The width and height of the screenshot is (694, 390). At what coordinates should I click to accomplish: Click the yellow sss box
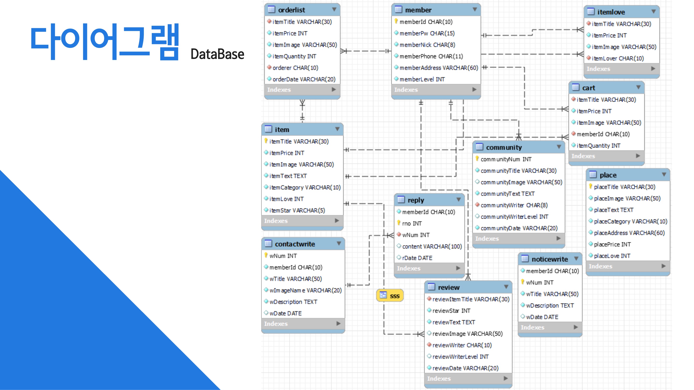click(x=390, y=296)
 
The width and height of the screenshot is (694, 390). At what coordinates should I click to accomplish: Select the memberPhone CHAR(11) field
click(x=431, y=56)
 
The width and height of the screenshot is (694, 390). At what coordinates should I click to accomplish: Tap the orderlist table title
click(x=291, y=10)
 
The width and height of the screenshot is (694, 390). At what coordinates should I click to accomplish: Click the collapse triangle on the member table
click(x=475, y=10)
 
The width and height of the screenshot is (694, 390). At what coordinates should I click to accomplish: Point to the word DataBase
click(x=217, y=54)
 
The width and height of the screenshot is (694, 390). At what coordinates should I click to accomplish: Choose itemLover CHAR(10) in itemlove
click(x=617, y=58)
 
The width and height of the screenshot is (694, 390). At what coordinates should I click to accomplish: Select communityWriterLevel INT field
click(x=514, y=217)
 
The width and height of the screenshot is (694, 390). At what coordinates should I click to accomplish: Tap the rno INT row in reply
click(x=412, y=223)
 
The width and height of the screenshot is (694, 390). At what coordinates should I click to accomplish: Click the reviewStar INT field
click(x=451, y=311)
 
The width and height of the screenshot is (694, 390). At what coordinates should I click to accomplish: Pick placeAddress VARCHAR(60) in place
click(x=629, y=233)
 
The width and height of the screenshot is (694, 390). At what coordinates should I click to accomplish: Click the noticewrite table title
click(x=550, y=259)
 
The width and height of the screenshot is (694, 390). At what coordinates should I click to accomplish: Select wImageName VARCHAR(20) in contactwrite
click(x=305, y=290)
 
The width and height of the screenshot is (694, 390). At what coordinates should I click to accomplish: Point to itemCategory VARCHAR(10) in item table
click(x=305, y=187)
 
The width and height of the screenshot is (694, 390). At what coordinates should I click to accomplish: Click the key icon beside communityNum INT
click(x=477, y=159)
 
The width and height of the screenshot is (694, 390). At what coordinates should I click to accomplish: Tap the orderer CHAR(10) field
click(x=295, y=68)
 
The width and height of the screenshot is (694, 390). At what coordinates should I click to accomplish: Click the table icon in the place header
click(x=593, y=175)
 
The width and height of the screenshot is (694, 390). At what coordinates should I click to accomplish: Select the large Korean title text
click(x=105, y=41)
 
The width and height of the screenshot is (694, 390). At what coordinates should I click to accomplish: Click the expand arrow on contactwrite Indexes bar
click(x=338, y=324)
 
